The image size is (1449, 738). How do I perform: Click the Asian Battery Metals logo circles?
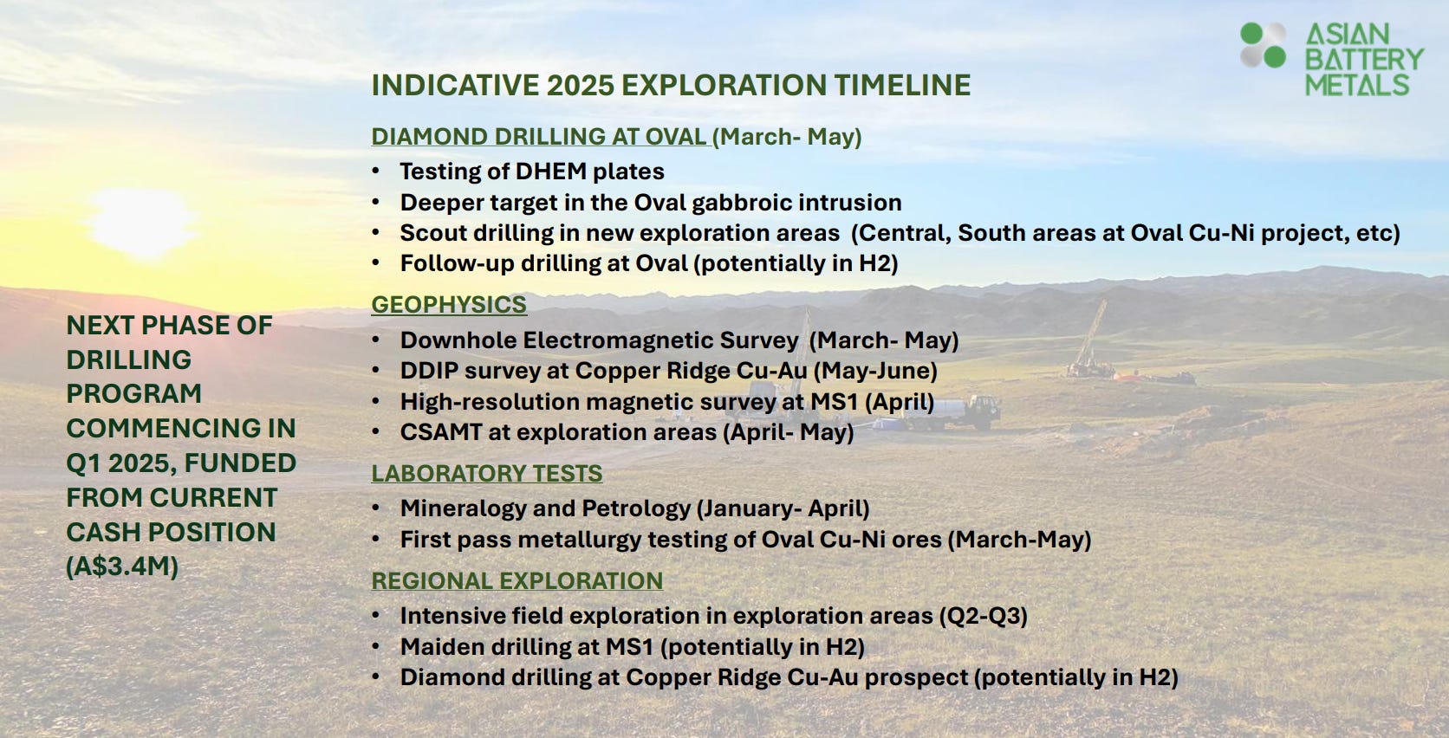(x=1263, y=45)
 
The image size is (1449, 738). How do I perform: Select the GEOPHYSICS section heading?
(x=449, y=305)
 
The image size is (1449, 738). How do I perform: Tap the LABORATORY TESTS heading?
(x=486, y=474)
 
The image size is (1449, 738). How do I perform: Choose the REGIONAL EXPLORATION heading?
(x=517, y=581)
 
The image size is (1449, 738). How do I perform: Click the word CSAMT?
(x=441, y=432)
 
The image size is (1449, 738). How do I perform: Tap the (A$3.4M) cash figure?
(x=122, y=566)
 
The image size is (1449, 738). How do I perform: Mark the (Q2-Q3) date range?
(x=984, y=617)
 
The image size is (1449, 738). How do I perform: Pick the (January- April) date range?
(x=783, y=509)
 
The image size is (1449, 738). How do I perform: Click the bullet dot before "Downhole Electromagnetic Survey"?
(x=376, y=339)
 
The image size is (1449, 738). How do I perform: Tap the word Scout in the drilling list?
(x=432, y=233)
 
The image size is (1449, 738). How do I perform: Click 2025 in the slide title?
(x=581, y=86)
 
